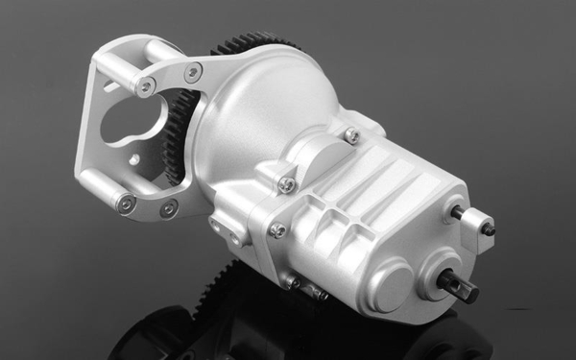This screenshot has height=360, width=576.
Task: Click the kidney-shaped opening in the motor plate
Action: coord(130,121)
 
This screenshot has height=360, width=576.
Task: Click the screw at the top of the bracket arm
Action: coord(194,72)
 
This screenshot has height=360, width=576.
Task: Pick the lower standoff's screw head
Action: coord(124,202)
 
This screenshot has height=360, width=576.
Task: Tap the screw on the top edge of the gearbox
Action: coord(352,136)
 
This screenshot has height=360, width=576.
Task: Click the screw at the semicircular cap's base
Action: coord(285,183)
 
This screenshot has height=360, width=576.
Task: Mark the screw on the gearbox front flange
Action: coord(276,230)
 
